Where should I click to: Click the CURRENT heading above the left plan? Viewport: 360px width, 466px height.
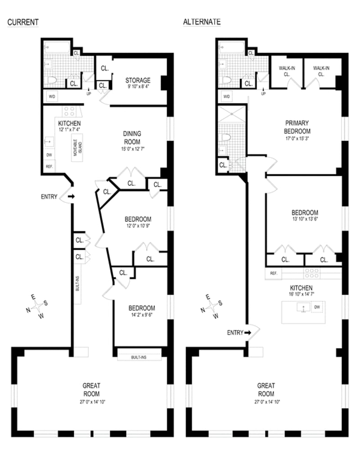(23, 22)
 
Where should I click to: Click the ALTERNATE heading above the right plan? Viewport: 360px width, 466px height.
(202, 22)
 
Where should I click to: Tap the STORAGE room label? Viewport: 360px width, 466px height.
(138, 80)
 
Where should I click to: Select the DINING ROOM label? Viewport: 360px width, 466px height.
(132, 138)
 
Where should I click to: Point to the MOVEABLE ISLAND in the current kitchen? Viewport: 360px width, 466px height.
(77, 148)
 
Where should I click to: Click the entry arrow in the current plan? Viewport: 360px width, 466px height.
(72, 197)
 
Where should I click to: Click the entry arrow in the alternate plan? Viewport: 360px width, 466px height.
(247, 333)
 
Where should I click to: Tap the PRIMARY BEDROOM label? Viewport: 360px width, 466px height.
(297, 127)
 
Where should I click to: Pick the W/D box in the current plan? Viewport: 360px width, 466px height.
(52, 97)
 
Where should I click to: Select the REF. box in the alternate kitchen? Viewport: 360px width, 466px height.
(273, 273)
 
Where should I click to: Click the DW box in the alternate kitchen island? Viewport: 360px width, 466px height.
(317, 307)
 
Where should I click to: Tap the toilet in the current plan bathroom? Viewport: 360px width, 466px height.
(52, 80)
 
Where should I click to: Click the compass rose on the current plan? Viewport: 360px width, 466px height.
(37, 306)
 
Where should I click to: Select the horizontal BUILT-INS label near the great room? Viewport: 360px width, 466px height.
(139, 357)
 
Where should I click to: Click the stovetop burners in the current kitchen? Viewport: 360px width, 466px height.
(69, 112)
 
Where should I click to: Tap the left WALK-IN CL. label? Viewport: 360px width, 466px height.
(287, 71)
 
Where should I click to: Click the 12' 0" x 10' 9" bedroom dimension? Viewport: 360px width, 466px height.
(138, 226)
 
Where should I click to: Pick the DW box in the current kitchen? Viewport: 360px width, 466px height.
(49, 155)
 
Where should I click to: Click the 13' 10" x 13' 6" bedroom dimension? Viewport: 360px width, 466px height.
(305, 219)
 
